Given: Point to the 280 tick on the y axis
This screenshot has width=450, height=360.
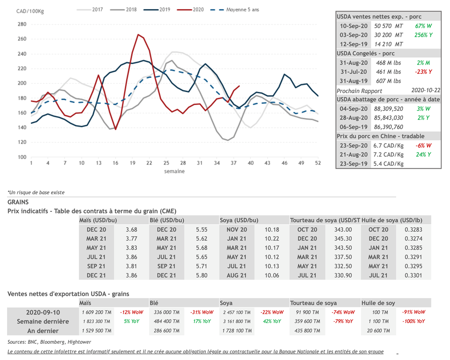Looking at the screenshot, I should coord(22,24).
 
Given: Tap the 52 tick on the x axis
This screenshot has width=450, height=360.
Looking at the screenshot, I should coord(318,163).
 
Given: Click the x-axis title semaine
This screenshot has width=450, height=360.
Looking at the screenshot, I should coord(174,171).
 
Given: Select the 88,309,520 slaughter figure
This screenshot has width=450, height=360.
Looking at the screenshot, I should coord(388,109).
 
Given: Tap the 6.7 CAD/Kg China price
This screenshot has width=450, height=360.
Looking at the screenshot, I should coord(388,145).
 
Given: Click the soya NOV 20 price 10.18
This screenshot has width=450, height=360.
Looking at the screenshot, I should coord(272,229).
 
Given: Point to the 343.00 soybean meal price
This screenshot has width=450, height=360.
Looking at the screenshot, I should coord(343,229).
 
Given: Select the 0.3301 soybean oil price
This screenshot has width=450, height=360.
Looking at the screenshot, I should coord(413,275).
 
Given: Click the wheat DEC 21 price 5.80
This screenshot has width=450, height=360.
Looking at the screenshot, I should coord(202,275).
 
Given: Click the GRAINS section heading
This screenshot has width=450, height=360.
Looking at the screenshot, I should coord(18,202).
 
